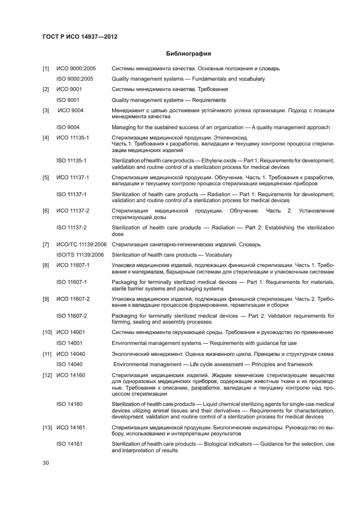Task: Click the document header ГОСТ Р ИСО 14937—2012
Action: click(80, 37)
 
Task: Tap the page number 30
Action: click(46, 463)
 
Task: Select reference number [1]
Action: click(46, 69)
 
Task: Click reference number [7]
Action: click(46, 244)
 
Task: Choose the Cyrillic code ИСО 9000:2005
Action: click(76, 69)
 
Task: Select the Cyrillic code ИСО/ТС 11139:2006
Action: click(81, 244)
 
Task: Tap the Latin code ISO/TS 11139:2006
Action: click(80, 254)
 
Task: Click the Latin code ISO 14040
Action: click(70, 364)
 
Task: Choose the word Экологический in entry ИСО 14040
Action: click(131, 354)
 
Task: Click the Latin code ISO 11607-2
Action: click(72, 315)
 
